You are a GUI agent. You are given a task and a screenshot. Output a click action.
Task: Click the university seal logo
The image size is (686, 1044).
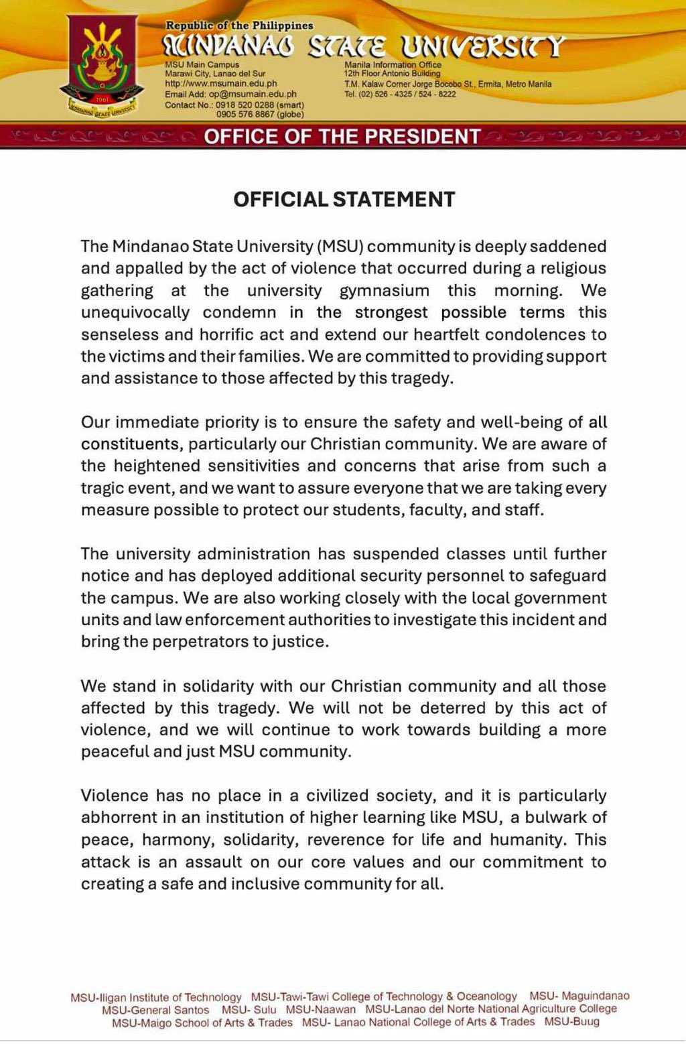(x=102, y=67)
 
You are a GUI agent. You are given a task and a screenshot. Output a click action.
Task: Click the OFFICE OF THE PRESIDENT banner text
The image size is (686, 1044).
(x=342, y=137)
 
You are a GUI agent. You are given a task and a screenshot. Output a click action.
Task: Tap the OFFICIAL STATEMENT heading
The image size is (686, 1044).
(x=344, y=200)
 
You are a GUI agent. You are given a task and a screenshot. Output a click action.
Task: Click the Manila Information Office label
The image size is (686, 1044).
(x=393, y=65)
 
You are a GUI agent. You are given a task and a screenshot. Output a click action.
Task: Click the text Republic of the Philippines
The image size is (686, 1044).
(x=239, y=25)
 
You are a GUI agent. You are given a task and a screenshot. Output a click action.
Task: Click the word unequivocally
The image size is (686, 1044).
(x=135, y=313)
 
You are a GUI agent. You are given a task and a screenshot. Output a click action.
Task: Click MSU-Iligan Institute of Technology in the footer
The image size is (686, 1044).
(x=155, y=997)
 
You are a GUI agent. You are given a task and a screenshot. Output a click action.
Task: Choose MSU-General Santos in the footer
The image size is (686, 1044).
(x=155, y=1010)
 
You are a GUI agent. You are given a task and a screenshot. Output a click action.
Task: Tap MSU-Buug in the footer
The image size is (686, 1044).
(x=571, y=1022)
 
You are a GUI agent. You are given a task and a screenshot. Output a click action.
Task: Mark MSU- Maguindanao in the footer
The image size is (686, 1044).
(x=579, y=996)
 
